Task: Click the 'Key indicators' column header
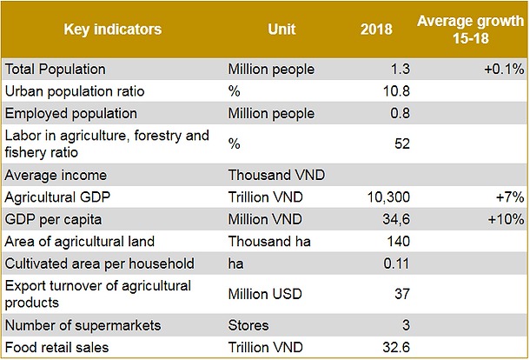[113, 29]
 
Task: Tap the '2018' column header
[376, 29]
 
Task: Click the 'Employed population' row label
[71, 113]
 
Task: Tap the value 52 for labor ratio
[401, 143]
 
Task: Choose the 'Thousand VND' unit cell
[268, 173]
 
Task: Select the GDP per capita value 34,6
[394, 219]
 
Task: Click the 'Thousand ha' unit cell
[264, 241]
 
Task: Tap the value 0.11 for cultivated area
[396, 263]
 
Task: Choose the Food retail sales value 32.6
[395, 348]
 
